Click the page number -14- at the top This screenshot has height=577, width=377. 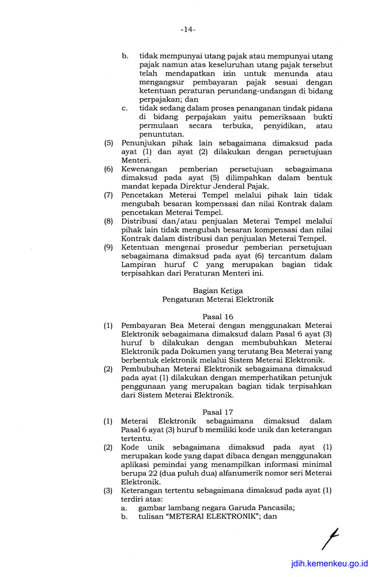tap(187, 29)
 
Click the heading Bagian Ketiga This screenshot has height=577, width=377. tap(217, 291)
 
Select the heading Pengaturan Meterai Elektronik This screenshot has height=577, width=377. tap(217, 299)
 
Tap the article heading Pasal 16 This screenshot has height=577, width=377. tap(217, 317)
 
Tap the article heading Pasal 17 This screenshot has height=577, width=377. tap(217, 412)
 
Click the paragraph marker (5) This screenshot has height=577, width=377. tap(108, 143)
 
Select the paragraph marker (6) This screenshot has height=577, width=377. tap(108, 169)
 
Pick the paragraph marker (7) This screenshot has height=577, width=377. tap(108, 195)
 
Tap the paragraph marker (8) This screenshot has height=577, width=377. tap(108, 222)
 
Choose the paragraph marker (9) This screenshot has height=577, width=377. tap(108, 248)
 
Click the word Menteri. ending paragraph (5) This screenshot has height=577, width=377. tap(136, 160)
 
